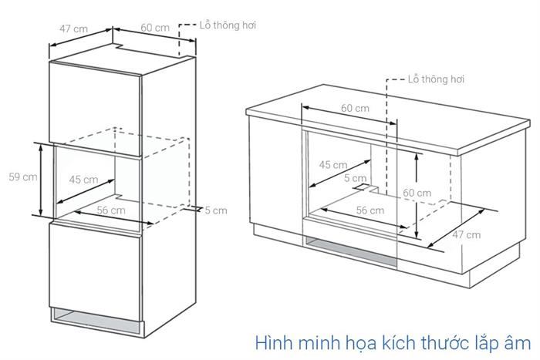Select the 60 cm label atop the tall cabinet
(155, 28)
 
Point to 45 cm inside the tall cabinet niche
(83, 180)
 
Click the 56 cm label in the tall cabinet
(111, 210)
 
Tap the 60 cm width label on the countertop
(355, 108)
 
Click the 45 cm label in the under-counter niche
(332, 164)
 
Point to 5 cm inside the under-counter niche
(356, 178)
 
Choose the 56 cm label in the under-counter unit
(370, 210)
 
